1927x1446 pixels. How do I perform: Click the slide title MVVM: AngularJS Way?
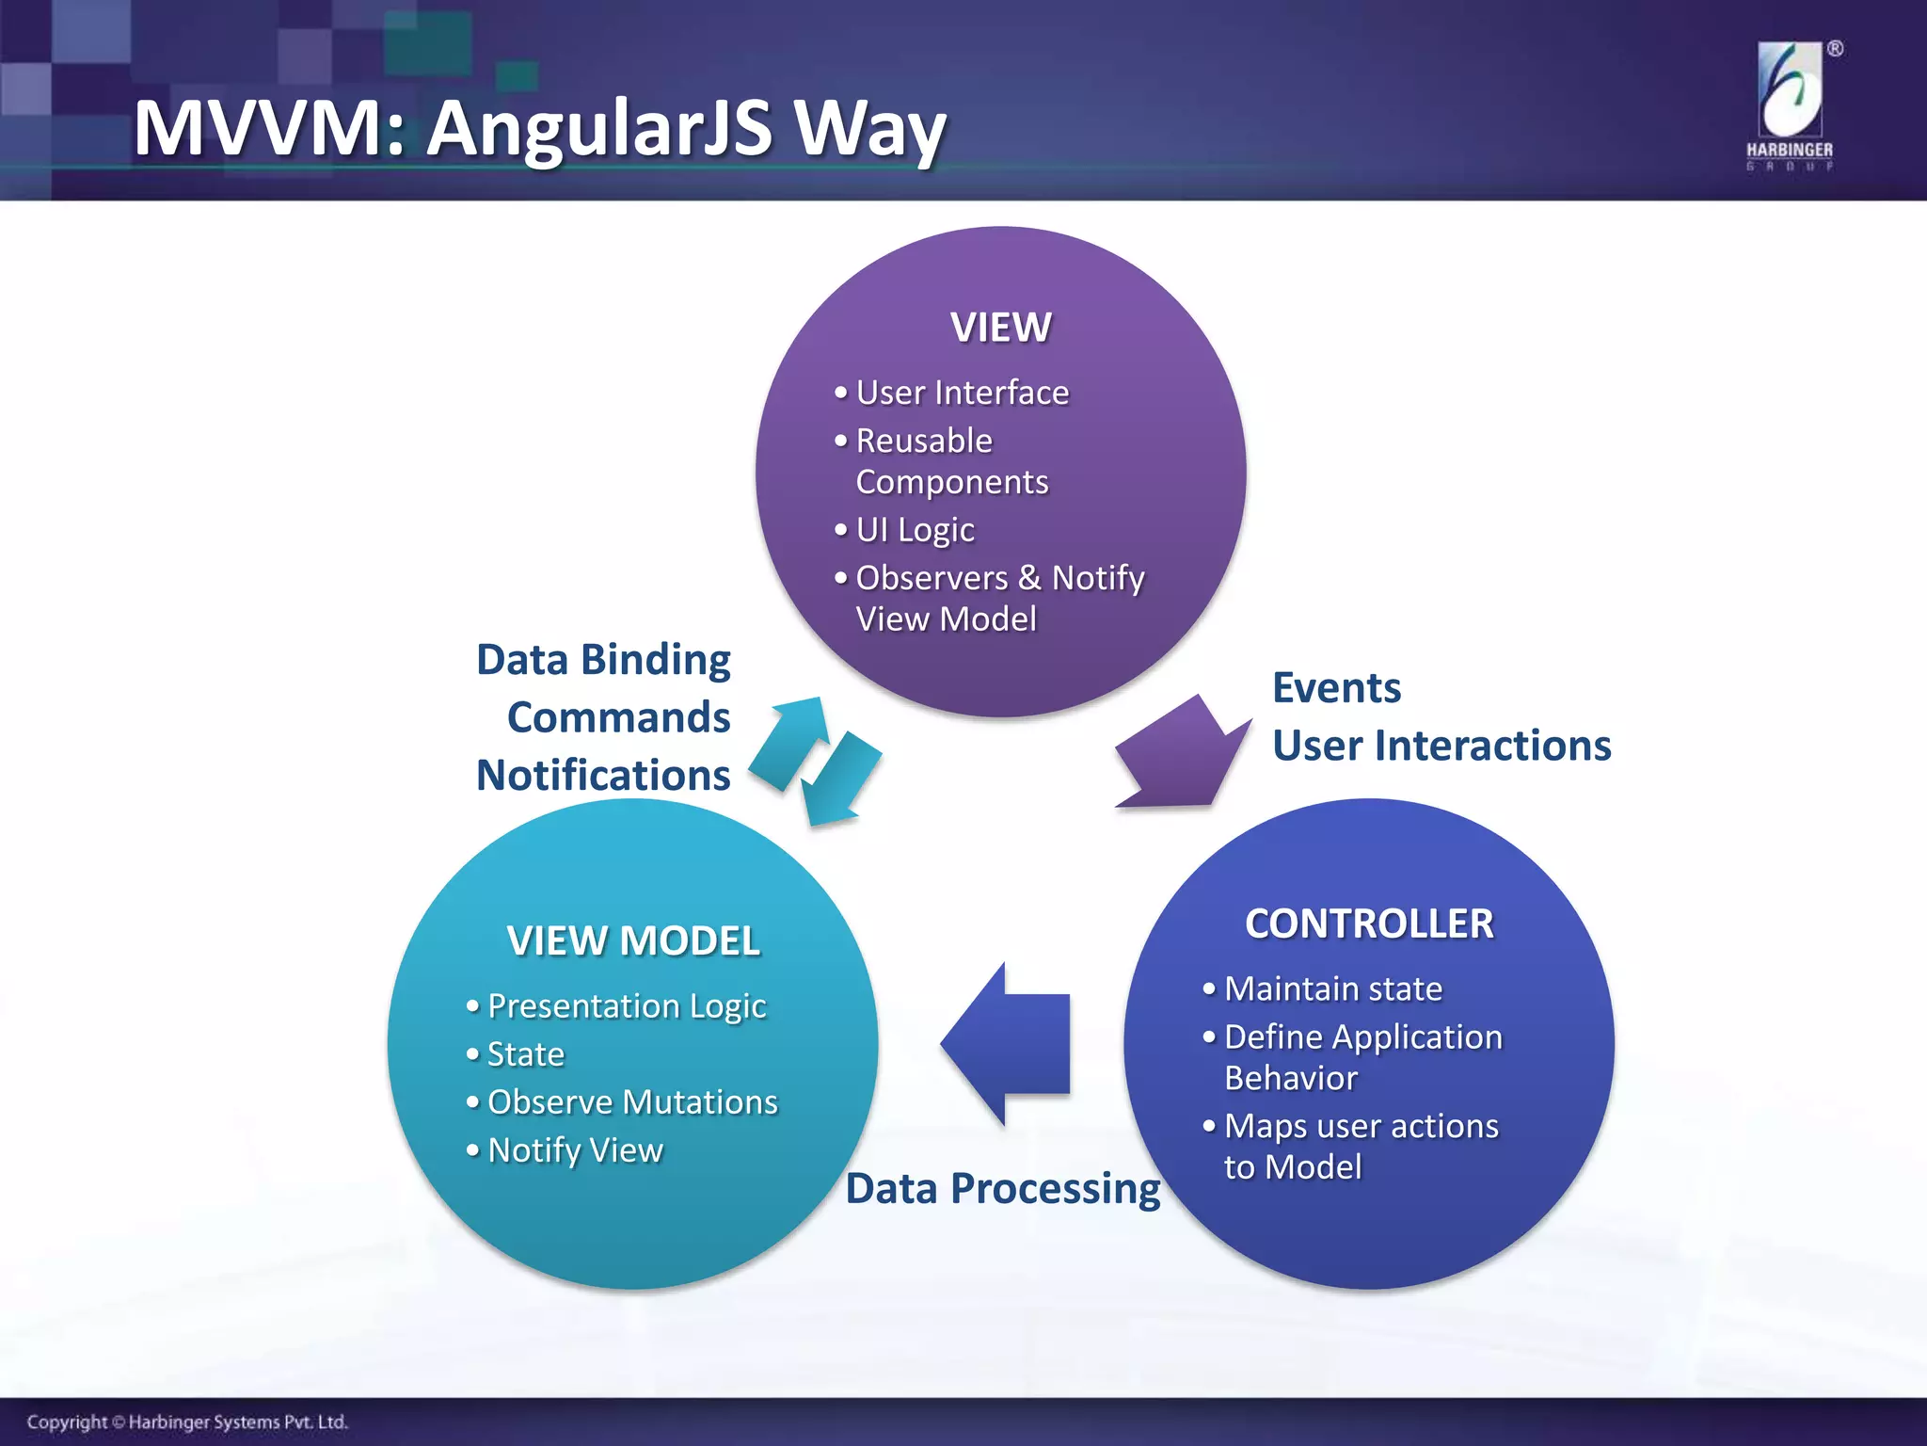click(539, 129)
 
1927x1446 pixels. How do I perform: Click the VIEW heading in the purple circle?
click(1000, 328)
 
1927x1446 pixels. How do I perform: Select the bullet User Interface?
click(962, 393)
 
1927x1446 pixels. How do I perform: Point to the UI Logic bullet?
click(915, 529)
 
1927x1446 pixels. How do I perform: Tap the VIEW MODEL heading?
click(632, 940)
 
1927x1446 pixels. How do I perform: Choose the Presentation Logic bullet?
click(627, 1005)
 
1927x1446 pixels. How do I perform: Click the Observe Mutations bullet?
click(632, 1101)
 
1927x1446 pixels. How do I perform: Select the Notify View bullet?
click(575, 1149)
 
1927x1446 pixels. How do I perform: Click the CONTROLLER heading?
click(1369, 924)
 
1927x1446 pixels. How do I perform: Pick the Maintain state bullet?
click(1333, 988)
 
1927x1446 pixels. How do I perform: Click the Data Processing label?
click(1003, 1188)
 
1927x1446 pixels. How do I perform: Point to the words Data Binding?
click(603, 659)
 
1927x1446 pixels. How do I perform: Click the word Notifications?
click(603, 775)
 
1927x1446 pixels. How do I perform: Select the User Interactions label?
click(1441, 746)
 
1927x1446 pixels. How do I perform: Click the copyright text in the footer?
click(187, 1422)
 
